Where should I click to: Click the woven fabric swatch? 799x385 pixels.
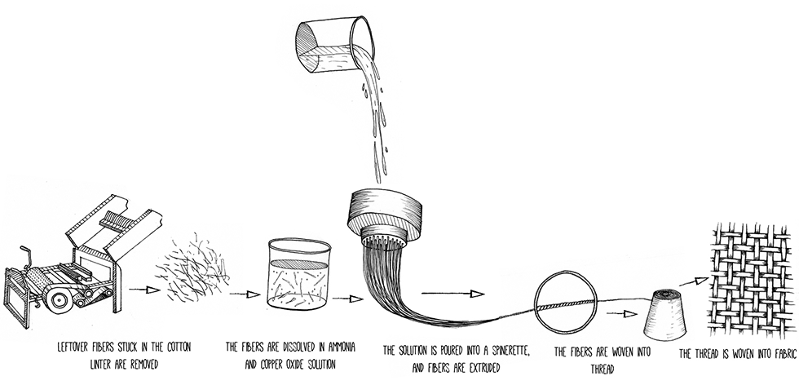tap(752, 280)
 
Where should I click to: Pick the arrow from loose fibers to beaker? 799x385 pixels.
tap(245, 294)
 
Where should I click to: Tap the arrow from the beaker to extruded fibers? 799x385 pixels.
tap(348, 299)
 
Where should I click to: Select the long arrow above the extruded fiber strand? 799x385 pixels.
tap(452, 294)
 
